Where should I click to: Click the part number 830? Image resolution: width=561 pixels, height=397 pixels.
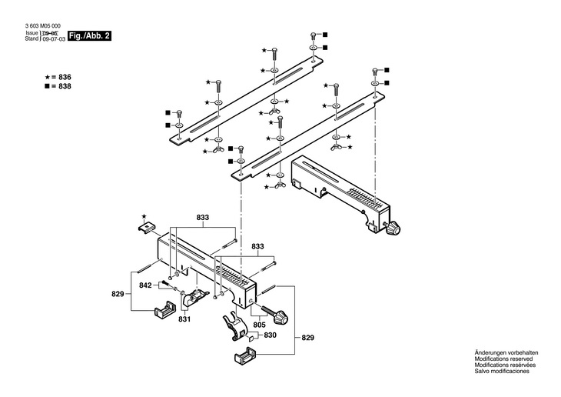click(270, 335)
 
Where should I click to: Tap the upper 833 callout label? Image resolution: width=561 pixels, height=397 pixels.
click(202, 218)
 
